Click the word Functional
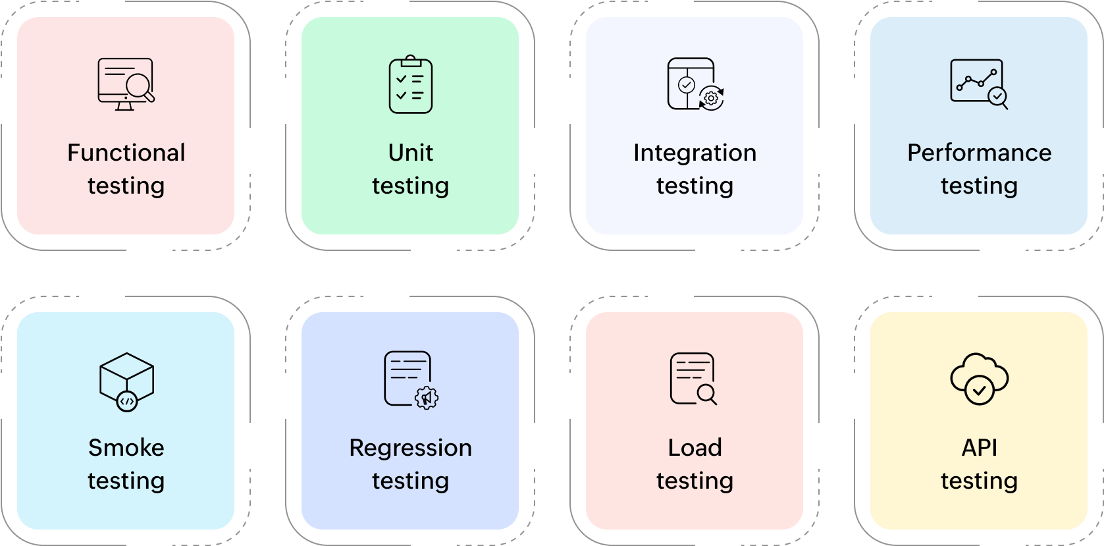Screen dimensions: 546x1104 click(126, 153)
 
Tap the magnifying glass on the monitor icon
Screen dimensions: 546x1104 click(140, 87)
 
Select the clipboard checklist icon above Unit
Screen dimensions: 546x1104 click(410, 84)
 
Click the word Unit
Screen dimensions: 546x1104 click(410, 153)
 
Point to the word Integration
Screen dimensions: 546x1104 click(695, 153)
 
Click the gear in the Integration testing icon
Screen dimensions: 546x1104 click(711, 98)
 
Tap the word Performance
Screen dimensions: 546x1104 click(979, 153)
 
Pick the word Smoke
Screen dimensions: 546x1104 click(126, 448)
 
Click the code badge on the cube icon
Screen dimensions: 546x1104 click(127, 400)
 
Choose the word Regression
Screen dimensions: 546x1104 click(410, 448)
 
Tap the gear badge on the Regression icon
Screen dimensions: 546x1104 click(427, 398)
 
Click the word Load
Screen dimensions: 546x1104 click(695, 448)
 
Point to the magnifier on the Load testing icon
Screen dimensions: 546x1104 click(706, 394)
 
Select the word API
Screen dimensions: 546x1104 click(979, 448)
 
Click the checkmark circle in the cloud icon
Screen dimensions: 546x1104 click(979, 391)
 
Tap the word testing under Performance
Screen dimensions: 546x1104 click(979, 186)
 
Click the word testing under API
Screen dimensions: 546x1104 click(979, 481)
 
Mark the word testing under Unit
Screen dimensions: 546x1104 click(410, 186)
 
